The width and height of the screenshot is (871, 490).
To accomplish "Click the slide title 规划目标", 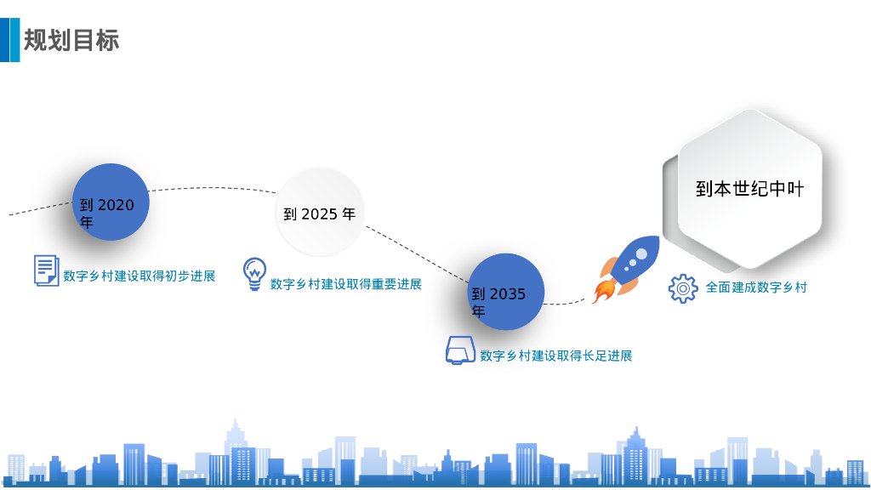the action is click(71, 40).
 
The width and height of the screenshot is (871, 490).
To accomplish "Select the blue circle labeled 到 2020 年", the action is click(111, 202).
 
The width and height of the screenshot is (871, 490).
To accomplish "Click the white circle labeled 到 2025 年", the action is click(320, 213).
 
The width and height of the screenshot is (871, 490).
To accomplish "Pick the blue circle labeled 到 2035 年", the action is click(506, 293).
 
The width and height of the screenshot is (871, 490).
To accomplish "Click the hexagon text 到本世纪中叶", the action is click(749, 189).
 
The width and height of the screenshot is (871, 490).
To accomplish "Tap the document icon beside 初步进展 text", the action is click(46, 270).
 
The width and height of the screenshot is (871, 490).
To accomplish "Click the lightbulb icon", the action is click(253, 274).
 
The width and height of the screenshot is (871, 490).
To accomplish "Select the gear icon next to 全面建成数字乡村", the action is click(682, 288).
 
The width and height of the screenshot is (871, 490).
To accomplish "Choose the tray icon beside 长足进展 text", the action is click(460, 350).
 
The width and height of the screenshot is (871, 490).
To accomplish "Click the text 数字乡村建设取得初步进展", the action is click(139, 276).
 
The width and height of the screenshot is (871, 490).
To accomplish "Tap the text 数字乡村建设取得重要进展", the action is click(346, 284).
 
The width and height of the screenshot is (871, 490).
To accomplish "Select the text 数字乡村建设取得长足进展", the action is click(556, 356).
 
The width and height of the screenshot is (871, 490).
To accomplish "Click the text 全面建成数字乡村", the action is click(756, 288).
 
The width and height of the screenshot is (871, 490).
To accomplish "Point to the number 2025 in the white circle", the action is click(320, 214).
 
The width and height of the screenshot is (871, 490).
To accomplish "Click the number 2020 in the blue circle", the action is click(116, 205).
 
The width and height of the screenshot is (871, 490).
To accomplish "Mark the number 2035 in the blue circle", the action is click(508, 294).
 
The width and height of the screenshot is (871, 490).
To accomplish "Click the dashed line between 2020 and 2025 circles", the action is click(213, 188).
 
